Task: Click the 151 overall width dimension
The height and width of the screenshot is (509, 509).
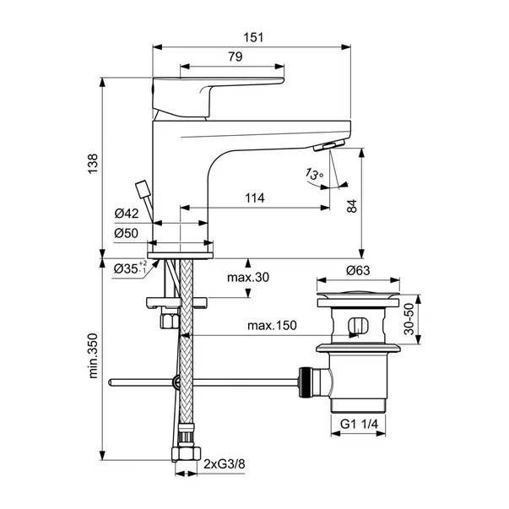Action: click(253, 38)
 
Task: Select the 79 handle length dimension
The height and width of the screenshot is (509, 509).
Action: click(236, 57)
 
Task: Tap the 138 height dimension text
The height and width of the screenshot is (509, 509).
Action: click(93, 164)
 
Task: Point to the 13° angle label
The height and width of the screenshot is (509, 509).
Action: click(314, 175)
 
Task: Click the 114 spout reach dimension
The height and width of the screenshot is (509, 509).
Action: click(255, 198)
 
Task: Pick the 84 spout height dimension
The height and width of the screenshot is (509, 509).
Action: click(352, 206)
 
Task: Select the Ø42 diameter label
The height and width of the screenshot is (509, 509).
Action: click(127, 214)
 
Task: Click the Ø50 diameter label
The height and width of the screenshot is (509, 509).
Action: click(127, 233)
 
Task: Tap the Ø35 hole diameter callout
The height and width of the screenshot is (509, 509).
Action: click(130, 268)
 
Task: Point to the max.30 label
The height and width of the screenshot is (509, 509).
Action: click(248, 277)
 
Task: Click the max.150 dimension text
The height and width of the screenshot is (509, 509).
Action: click(272, 325)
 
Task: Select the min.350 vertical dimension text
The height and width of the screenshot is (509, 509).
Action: click(93, 355)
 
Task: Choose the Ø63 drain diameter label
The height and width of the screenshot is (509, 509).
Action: click(358, 270)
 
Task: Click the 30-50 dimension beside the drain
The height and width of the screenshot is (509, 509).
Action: click(409, 319)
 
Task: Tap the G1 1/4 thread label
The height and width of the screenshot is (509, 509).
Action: click(359, 424)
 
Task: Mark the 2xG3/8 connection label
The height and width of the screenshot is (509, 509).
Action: click(225, 464)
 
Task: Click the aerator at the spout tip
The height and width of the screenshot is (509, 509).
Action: click(329, 144)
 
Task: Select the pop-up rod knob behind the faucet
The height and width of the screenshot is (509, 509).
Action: click(143, 189)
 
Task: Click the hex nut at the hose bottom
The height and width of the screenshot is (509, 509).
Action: click(186, 453)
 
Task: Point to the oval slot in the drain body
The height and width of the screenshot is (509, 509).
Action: click(359, 325)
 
